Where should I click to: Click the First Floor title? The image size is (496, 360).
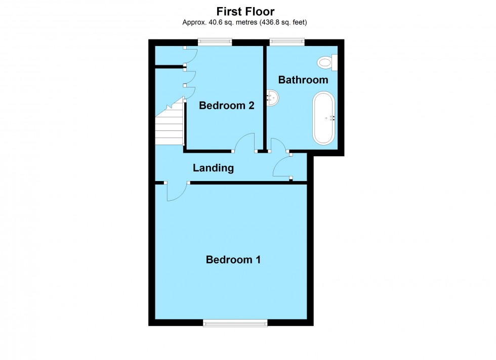(x=245, y=11)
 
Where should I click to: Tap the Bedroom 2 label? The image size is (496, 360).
(x=226, y=106)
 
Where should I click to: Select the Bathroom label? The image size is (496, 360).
(x=303, y=80)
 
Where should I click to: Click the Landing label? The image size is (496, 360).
(x=213, y=168)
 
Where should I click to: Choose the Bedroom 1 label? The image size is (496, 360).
(x=233, y=260)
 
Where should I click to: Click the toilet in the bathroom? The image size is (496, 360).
(x=324, y=63)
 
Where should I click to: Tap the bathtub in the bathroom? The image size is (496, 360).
(x=324, y=118)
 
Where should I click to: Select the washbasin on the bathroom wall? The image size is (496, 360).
(x=272, y=98)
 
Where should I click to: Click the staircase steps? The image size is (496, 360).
(x=169, y=126)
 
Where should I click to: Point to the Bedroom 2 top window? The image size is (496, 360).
(x=215, y=42)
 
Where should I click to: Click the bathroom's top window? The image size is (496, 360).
(x=287, y=42)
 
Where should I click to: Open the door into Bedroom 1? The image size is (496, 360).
(x=176, y=192)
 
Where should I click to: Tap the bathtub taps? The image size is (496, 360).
(x=332, y=118)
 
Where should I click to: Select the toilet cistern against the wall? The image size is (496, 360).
(x=335, y=63)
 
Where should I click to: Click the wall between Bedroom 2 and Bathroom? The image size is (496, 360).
(x=264, y=96)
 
